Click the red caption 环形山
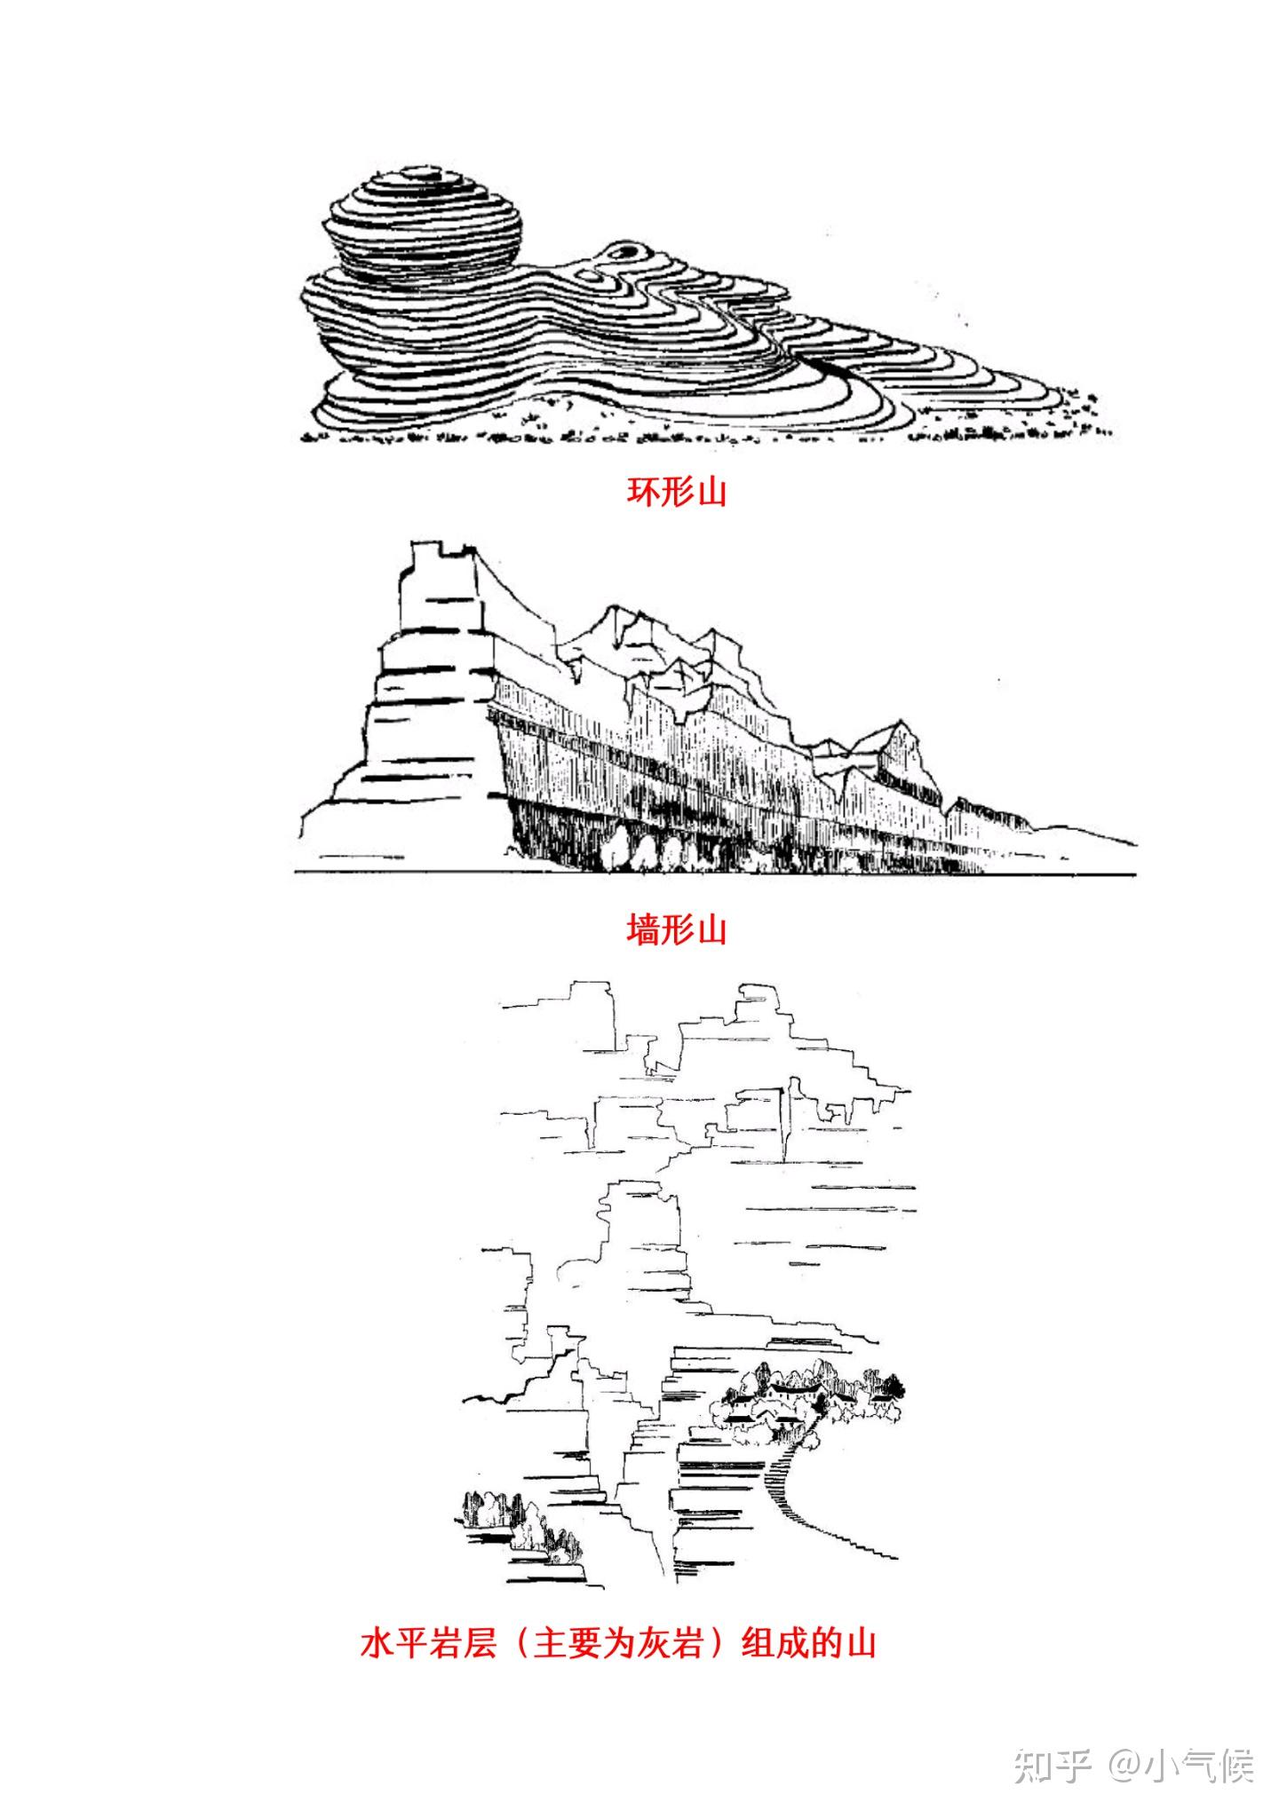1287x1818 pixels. pyautogui.click(x=677, y=492)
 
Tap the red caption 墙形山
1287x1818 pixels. pyautogui.click(x=677, y=930)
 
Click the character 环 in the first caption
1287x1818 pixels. pyautogui.click(x=644, y=492)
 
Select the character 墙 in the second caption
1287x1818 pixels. pyautogui.click(x=644, y=930)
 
